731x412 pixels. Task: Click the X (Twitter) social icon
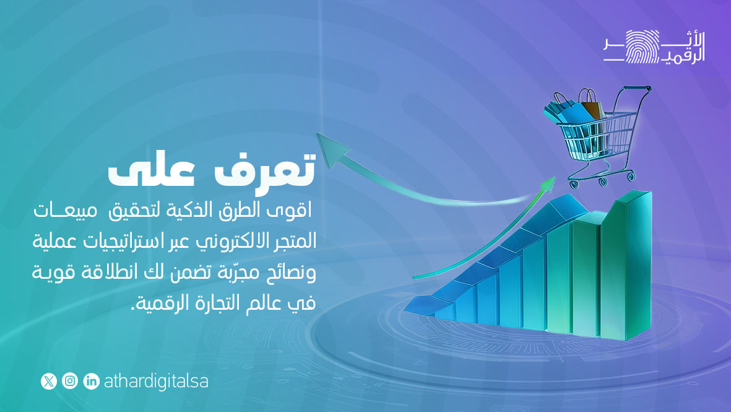pos(49,381)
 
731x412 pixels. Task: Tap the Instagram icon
pos(70,381)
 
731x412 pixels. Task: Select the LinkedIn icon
pos(91,381)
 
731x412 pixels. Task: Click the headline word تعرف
pos(269,169)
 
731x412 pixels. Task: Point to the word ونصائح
pos(290,273)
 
